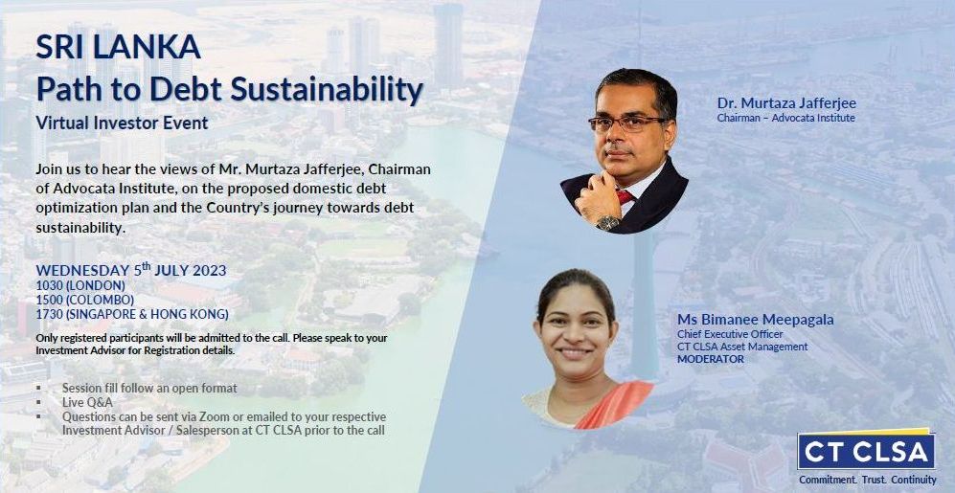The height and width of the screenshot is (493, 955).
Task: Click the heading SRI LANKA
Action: tap(118, 48)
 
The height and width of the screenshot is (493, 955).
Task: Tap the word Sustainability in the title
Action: tap(327, 90)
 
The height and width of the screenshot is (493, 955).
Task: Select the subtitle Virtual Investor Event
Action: tap(122, 123)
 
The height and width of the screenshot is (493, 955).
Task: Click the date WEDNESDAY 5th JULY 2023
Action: tap(131, 270)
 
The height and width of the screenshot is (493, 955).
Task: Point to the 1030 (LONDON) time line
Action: tap(80, 285)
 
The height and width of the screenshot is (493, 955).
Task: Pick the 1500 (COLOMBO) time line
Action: tap(84, 300)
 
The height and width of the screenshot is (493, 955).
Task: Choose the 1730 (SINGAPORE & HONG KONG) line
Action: tap(132, 315)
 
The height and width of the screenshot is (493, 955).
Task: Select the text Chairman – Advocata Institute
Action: tap(785, 118)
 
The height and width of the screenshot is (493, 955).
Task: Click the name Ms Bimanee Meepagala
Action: tap(755, 320)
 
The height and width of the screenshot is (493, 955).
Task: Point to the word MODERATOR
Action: tap(710, 359)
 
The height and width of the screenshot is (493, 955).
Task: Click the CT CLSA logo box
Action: tap(866, 450)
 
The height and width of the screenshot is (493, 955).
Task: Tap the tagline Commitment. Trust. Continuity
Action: tap(867, 480)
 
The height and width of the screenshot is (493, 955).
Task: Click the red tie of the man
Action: tap(625, 196)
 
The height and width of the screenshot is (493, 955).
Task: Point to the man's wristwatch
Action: tap(608, 223)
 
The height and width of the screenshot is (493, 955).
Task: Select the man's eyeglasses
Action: tap(626, 123)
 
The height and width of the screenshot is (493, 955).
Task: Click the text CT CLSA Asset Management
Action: tap(742, 347)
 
